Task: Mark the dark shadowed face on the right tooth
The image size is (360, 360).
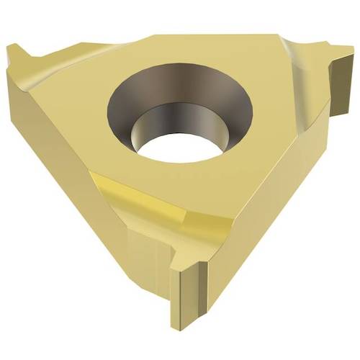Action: point(338,79)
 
